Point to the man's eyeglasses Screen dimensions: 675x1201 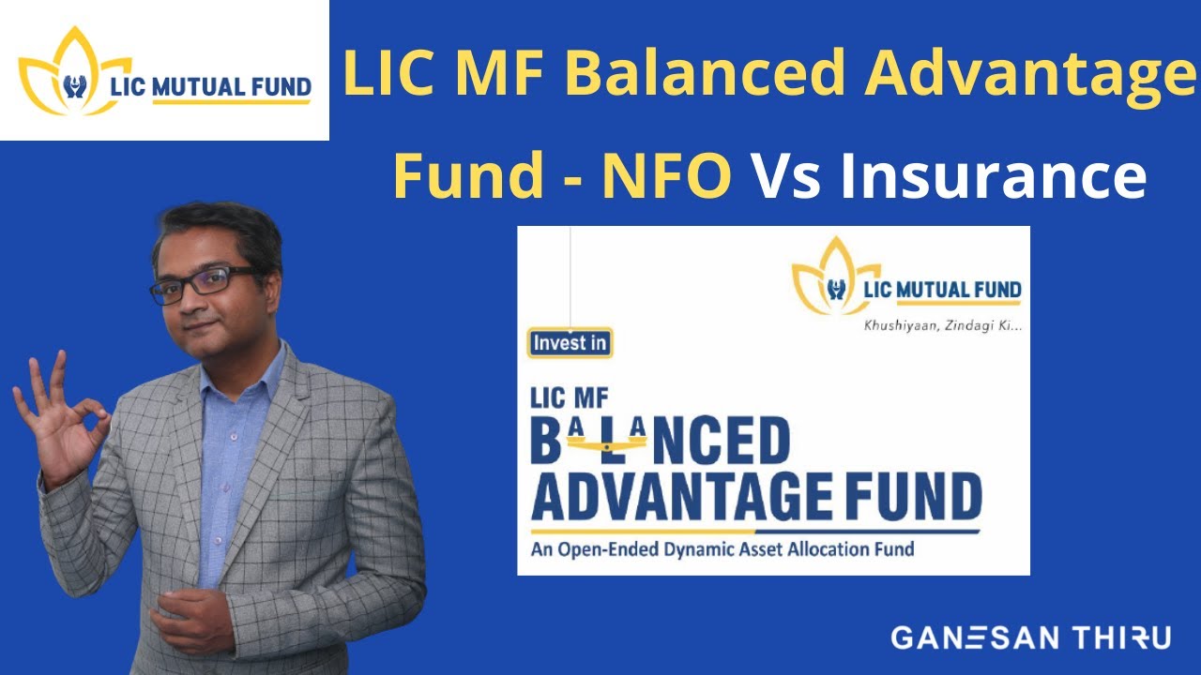coord(205,283)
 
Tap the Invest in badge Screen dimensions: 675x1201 coord(570,343)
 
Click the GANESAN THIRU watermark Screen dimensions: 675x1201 coord(1030,638)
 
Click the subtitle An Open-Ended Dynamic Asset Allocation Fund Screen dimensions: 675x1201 coord(722,548)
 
